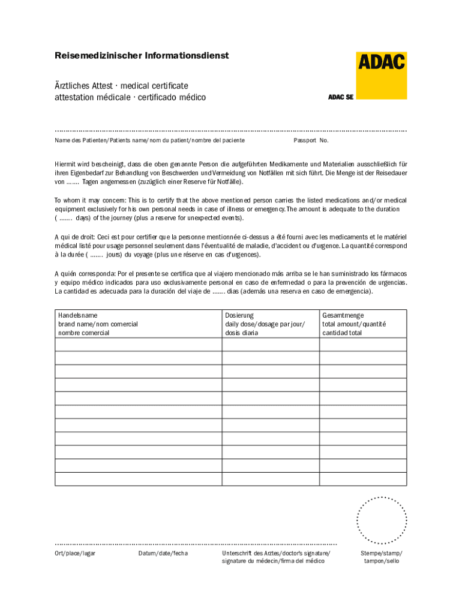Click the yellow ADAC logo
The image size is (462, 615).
(x=382, y=75)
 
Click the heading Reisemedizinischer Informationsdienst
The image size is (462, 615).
(x=142, y=56)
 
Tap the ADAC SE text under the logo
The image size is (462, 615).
(x=341, y=97)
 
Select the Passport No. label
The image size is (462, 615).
(x=311, y=141)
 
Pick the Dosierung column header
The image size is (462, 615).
(x=239, y=315)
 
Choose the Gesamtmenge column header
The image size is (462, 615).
(x=343, y=315)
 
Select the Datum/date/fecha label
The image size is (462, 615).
(x=163, y=553)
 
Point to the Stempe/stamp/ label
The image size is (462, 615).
(x=381, y=553)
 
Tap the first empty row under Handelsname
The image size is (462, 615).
(x=138, y=345)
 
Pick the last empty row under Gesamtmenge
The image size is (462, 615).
(x=362, y=479)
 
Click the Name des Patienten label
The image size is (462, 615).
(x=80, y=141)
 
